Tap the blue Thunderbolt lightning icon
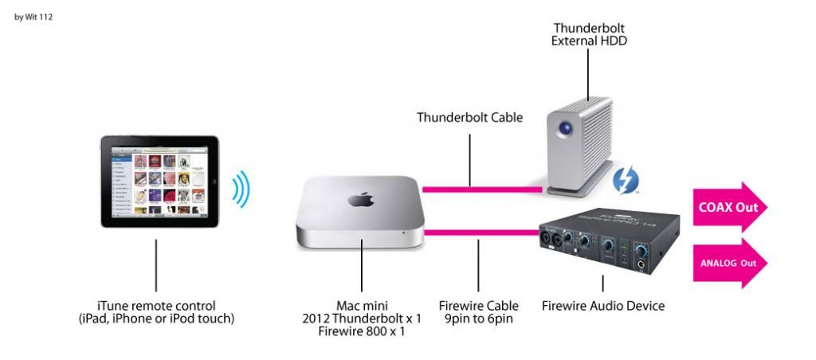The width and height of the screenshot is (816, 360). coord(623,179)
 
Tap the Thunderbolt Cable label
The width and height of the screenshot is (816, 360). coord(469,118)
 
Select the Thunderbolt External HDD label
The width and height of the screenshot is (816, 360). coord(589,33)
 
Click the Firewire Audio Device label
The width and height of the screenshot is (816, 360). coord(602,305)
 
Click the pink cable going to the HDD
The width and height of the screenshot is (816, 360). coord(482,190)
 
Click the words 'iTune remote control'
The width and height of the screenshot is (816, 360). coord(155,305)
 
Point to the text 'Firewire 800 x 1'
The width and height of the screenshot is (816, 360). coord(363,332)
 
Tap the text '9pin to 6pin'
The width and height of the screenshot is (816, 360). coord(478,319)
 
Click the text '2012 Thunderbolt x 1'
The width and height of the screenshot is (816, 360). coord(363,319)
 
